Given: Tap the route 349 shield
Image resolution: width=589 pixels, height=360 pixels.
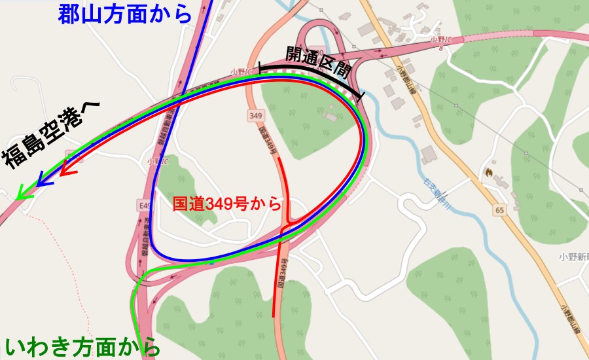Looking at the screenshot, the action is pos(255,116).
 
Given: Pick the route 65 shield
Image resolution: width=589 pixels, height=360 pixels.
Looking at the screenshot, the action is pos(499,210).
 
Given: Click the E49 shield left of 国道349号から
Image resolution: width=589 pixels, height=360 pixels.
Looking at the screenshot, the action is pos(144,206).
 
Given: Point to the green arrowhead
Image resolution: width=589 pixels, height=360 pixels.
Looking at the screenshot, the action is pos(24,193).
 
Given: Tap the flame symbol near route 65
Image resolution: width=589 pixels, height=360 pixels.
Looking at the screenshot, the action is pos(488,172).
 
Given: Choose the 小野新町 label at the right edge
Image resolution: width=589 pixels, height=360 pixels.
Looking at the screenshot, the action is pos(575,257).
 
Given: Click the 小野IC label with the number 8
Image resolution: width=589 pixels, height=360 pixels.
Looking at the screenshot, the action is pos(440,41).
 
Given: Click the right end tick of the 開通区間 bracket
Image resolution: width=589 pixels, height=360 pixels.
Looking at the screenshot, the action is pos(361,96).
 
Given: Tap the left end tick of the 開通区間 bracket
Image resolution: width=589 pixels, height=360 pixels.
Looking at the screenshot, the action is pos(262,67).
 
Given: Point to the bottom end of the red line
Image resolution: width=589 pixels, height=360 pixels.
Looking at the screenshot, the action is pos(274,316).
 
